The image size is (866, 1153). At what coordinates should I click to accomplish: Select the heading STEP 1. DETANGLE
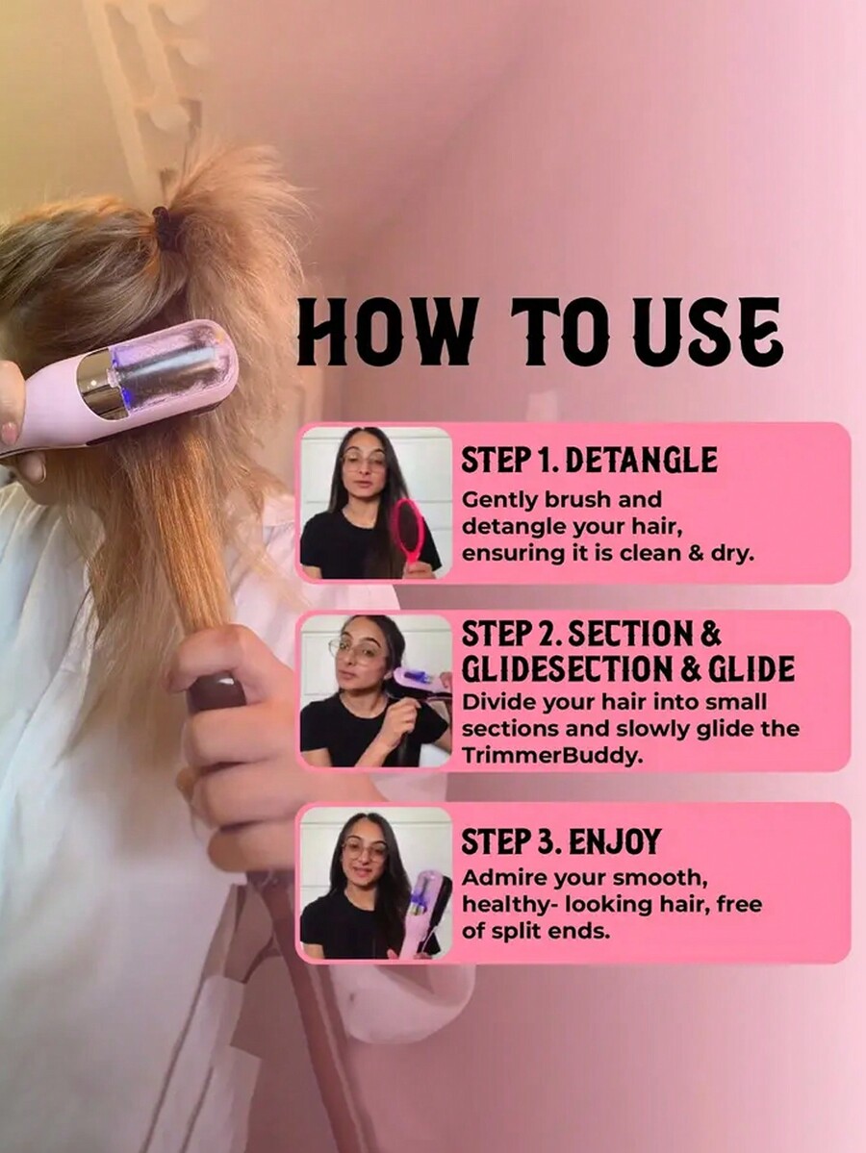[x=589, y=460]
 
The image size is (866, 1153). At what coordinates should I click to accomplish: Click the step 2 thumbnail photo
[x=375, y=690]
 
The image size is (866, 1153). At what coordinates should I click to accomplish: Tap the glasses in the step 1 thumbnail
[x=363, y=462]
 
